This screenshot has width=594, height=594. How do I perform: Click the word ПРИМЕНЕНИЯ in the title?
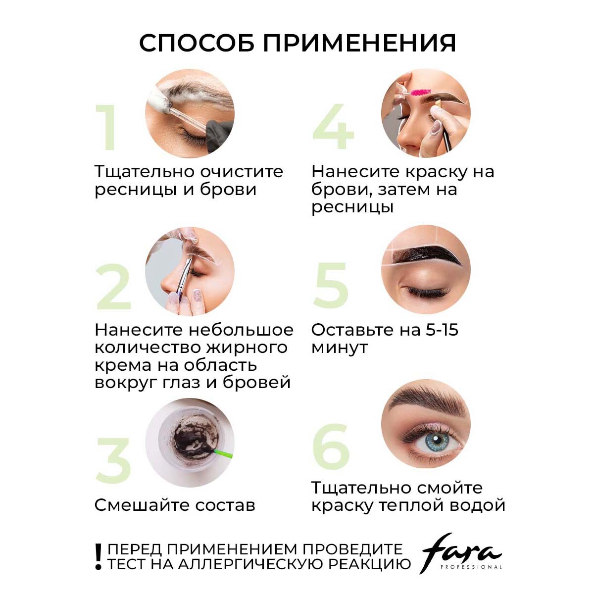tap(359, 43)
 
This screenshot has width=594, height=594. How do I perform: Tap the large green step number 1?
tap(106, 127)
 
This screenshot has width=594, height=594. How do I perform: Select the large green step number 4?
tap(333, 126)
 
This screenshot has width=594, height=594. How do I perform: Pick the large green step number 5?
tap(331, 285)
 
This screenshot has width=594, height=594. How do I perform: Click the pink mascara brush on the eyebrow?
tap(421, 92)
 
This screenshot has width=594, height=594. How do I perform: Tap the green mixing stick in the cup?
tap(223, 453)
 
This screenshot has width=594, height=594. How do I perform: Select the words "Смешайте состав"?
tap(175, 505)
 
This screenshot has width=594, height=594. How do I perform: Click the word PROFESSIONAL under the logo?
tap(471, 567)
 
